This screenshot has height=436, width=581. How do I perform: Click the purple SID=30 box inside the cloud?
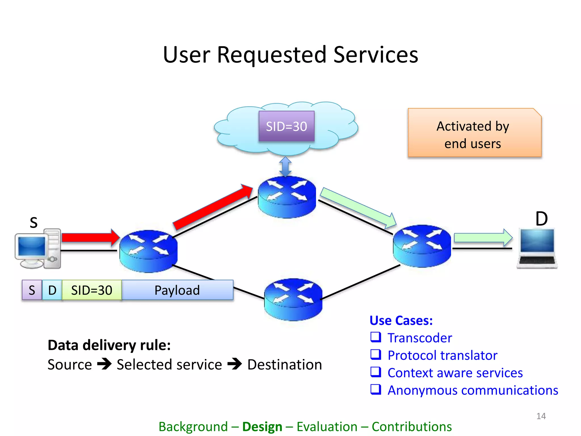click(x=286, y=126)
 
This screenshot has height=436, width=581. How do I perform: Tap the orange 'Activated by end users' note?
click(x=474, y=133)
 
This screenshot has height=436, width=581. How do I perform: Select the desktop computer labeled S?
click(x=38, y=249)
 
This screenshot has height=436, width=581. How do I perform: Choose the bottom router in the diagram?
click(x=293, y=299)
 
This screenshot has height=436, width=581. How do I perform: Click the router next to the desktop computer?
click(x=148, y=251)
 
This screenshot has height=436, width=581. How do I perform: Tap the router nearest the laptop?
click(x=422, y=246)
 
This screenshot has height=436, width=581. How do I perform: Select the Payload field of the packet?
click(x=177, y=290)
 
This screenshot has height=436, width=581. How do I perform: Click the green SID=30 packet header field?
click(x=92, y=290)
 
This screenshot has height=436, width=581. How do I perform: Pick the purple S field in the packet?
click(x=32, y=290)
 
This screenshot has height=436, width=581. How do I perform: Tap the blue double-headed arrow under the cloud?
click(x=285, y=167)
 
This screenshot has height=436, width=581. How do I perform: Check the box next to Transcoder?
click(x=376, y=337)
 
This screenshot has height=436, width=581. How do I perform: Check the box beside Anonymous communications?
click(x=376, y=389)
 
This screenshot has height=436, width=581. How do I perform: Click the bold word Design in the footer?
click(x=262, y=427)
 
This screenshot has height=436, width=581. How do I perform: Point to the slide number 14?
click(x=541, y=416)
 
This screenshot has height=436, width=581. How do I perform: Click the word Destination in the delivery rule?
click(x=285, y=364)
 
